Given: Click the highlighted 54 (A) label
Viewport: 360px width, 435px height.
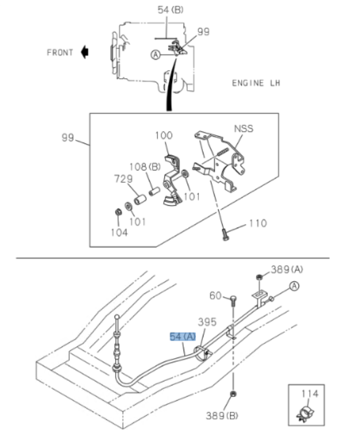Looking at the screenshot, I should (x=183, y=337).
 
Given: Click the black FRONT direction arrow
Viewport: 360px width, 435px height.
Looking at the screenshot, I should (x=85, y=52).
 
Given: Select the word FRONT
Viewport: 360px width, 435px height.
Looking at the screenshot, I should (x=60, y=52).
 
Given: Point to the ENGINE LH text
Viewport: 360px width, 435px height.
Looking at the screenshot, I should (x=256, y=83).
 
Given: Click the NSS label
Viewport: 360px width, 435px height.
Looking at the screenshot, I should (x=243, y=129).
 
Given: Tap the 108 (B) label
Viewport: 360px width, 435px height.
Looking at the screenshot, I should (x=144, y=167).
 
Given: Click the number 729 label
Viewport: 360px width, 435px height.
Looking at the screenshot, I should (x=122, y=178).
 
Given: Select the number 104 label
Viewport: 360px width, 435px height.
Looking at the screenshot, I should (x=119, y=233).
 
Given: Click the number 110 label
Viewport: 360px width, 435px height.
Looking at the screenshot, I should (x=257, y=223).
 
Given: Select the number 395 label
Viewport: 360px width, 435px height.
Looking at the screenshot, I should (x=207, y=322).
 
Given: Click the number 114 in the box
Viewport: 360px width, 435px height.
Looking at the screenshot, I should (x=310, y=394).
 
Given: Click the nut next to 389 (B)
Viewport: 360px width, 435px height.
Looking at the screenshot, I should (x=233, y=395).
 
